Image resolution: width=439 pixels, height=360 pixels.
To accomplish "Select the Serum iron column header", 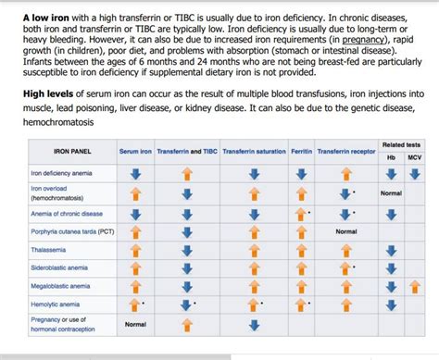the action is click(x=135, y=151).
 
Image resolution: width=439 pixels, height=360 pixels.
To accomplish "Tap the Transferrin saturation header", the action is click(x=254, y=151).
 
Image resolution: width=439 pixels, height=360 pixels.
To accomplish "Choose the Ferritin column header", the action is click(x=301, y=151).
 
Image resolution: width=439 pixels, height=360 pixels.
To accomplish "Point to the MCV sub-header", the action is click(x=414, y=157).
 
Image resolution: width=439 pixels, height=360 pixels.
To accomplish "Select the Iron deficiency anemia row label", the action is click(x=61, y=173).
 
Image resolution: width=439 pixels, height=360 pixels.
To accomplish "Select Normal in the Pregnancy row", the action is click(x=135, y=324).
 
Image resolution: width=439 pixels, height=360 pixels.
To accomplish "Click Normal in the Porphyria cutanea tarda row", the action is click(x=345, y=230).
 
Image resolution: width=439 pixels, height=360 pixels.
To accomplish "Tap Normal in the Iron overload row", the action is click(x=390, y=193).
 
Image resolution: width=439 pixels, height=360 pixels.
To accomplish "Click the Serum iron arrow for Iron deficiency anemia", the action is click(x=135, y=173).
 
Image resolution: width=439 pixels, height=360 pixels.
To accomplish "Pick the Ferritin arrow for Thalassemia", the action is click(x=301, y=249).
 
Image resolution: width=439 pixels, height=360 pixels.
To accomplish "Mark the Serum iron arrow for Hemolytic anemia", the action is click(x=134, y=304).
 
